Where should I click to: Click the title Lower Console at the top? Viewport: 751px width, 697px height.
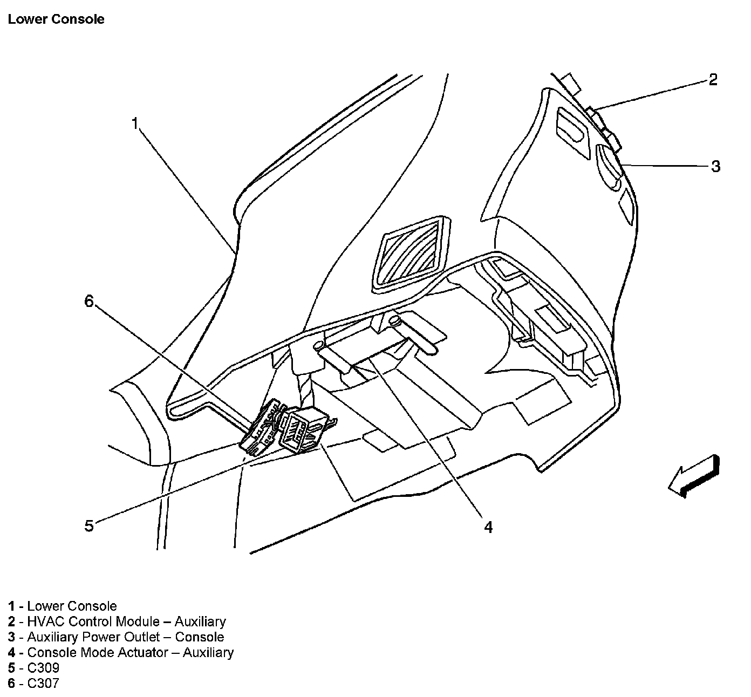click(56, 19)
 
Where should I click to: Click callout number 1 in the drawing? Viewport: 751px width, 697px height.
click(135, 124)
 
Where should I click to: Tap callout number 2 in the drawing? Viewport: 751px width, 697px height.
click(713, 80)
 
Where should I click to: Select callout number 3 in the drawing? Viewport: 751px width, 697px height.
click(715, 166)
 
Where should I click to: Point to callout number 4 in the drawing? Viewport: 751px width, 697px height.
click(488, 527)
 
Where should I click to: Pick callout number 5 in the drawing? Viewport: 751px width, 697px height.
click(89, 525)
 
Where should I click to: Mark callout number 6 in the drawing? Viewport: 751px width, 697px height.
click(89, 301)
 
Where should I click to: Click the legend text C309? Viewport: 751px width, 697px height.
click(43, 668)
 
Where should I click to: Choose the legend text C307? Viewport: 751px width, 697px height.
click(43, 684)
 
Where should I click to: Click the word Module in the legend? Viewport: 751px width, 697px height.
click(138, 621)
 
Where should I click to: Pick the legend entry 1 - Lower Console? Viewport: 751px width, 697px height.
click(63, 606)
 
